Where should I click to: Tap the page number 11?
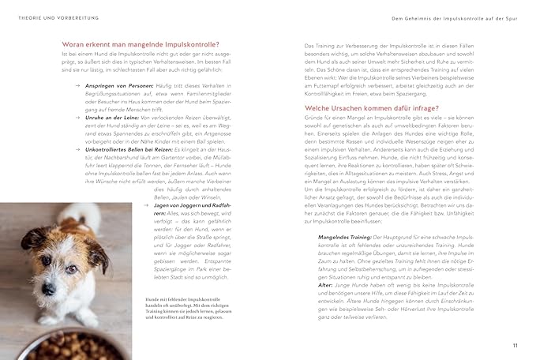[x=514, y=345]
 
